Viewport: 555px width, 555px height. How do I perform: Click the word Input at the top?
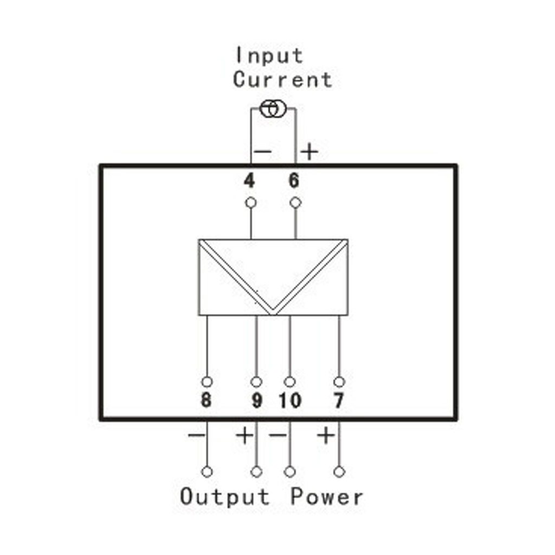(269, 56)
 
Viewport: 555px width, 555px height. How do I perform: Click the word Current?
(282, 79)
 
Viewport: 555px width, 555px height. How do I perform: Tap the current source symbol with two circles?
(273, 108)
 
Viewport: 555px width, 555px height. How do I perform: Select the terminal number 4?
(249, 181)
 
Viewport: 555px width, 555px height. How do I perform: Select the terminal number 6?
(294, 180)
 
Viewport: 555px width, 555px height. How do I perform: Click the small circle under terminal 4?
(250, 203)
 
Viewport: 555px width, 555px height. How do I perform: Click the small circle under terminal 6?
(295, 203)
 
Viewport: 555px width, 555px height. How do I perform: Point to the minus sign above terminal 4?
(263, 152)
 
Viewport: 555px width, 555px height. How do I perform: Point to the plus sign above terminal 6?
(309, 152)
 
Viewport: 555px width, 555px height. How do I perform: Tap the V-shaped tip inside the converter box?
(273, 314)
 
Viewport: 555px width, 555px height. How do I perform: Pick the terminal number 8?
(206, 401)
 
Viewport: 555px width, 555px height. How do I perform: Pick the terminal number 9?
(256, 401)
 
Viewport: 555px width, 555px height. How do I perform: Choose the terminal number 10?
(290, 401)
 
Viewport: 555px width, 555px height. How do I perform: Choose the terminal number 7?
(339, 401)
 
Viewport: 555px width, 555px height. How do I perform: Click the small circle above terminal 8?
(206, 382)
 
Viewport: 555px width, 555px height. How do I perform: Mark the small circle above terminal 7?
(339, 382)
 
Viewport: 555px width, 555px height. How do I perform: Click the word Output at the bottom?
(225, 496)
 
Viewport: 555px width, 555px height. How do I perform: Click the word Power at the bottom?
(327, 496)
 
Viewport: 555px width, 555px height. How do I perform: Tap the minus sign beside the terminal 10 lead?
(277, 435)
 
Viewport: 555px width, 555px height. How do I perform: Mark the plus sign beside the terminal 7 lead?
(326, 435)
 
